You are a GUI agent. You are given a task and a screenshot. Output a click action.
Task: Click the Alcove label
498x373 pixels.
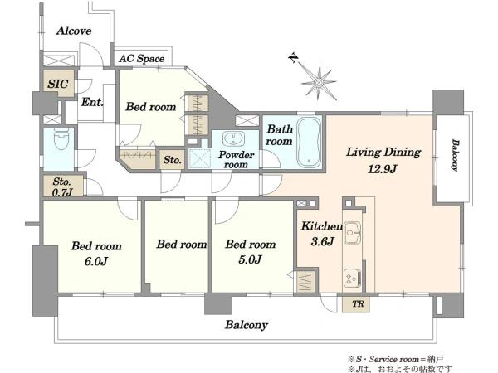click(x=74, y=31)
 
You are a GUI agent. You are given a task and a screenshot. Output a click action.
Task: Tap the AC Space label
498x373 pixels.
click(x=142, y=59)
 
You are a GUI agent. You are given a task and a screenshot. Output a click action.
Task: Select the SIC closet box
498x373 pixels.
click(x=59, y=84)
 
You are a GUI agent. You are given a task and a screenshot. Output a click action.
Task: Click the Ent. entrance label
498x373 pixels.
click(x=92, y=102)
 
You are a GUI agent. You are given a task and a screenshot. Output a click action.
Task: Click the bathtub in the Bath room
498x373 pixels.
click(x=309, y=143)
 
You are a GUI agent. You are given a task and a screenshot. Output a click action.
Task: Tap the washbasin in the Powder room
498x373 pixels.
click(x=233, y=138)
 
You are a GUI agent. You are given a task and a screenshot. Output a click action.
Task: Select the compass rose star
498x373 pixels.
click(x=319, y=82)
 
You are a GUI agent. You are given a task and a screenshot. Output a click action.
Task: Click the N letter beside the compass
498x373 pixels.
click(x=294, y=58)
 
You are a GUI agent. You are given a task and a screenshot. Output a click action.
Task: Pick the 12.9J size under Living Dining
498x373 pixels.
click(x=382, y=169)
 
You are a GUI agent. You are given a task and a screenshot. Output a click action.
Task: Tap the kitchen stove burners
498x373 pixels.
click(x=352, y=278)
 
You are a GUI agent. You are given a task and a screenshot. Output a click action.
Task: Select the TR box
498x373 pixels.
click(x=356, y=304)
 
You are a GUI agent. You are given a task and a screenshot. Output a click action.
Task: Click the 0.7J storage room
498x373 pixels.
click(x=63, y=186)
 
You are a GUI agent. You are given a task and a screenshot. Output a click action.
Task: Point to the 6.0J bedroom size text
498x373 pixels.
click(x=96, y=261)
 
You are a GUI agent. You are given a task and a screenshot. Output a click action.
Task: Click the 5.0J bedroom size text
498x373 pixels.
click(x=250, y=259)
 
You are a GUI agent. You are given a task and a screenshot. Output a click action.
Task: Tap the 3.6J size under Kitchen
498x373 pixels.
click(x=322, y=242)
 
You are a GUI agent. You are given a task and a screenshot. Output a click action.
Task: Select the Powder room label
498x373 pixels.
click(x=236, y=159)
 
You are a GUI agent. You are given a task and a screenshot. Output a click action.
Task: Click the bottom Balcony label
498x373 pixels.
click(x=247, y=325)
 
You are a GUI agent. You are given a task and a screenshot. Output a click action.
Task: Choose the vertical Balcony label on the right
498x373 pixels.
click(x=455, y=156)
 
